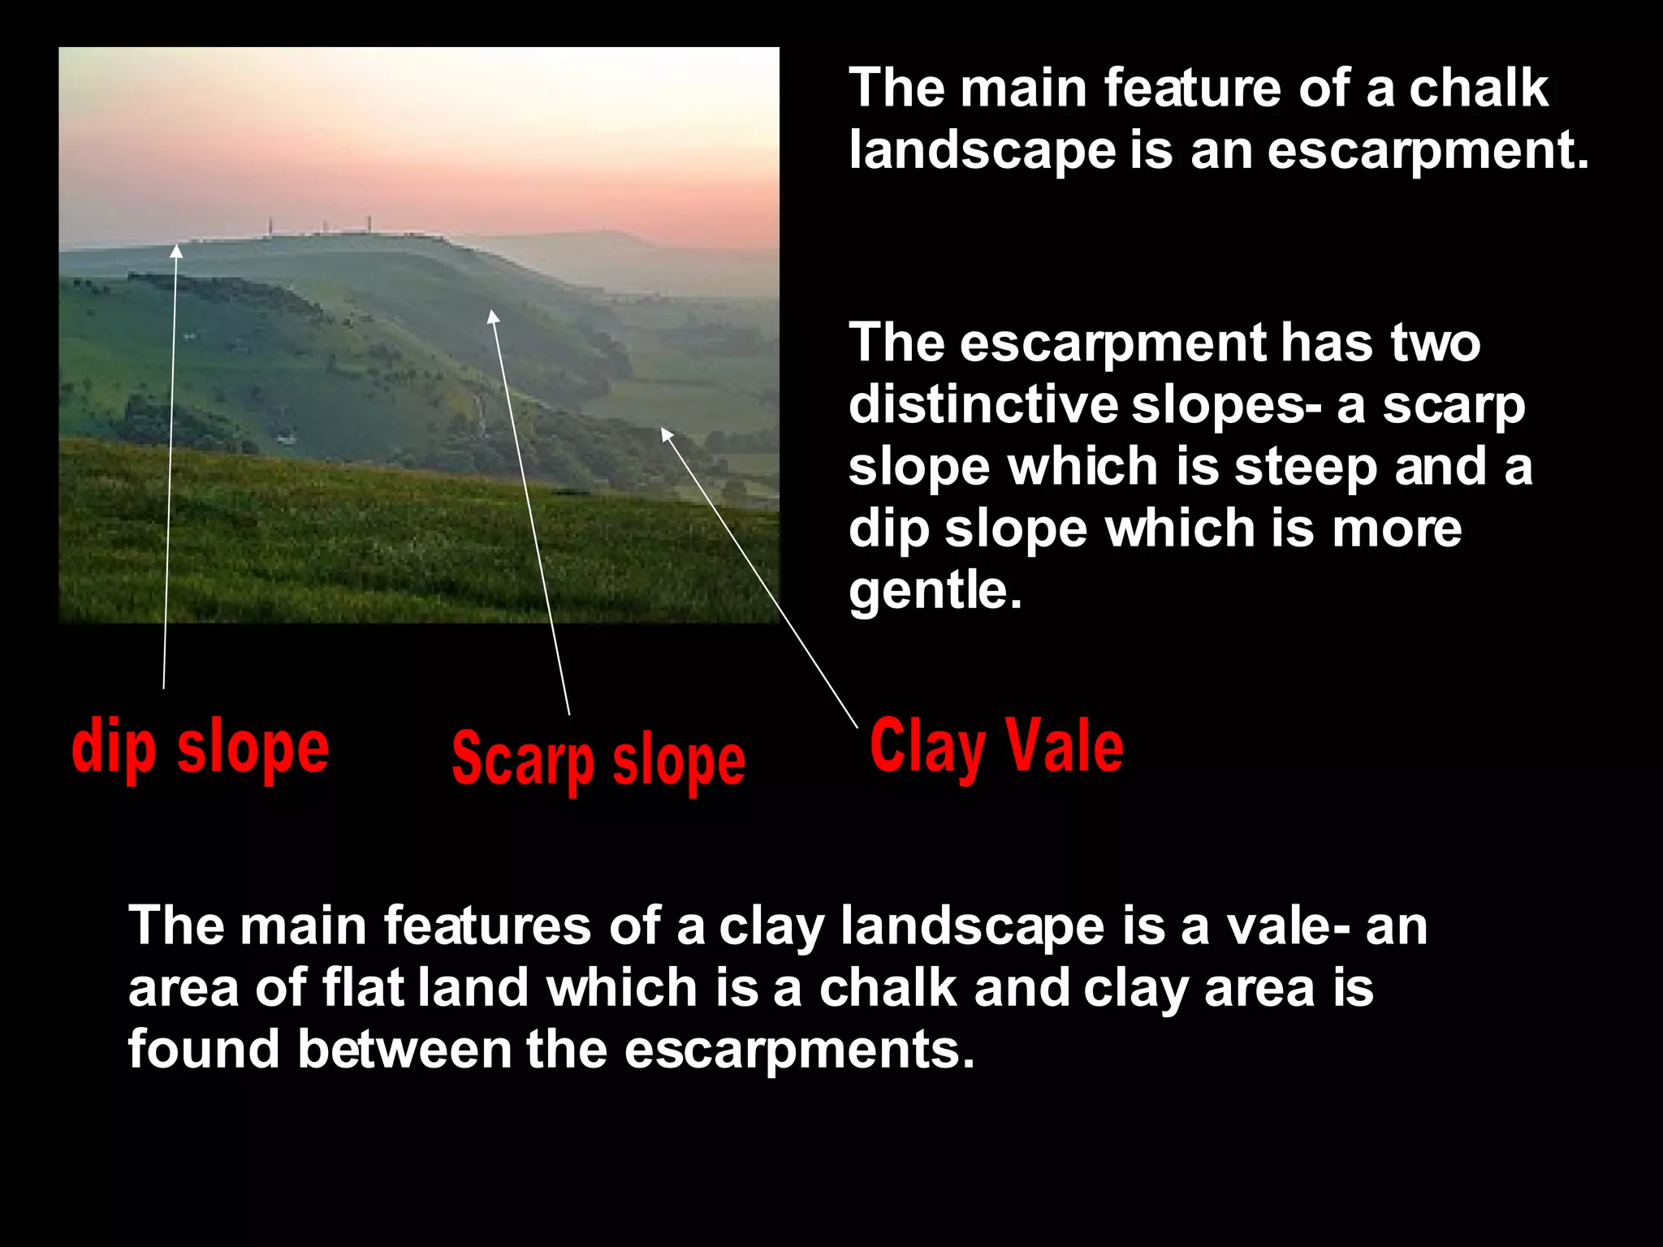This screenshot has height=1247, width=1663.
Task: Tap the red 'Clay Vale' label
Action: [996, 747]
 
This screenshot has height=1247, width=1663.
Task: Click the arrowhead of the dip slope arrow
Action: [176, 250]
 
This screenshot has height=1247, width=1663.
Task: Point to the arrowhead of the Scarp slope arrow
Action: [492, 317]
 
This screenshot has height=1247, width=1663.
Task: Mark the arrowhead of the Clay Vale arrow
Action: [666, 434]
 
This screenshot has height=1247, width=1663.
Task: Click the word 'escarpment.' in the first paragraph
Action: [1428, 150]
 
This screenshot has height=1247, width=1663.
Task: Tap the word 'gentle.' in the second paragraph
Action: [935, 590]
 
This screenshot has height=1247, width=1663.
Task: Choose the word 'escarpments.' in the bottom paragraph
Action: [799, 1049]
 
